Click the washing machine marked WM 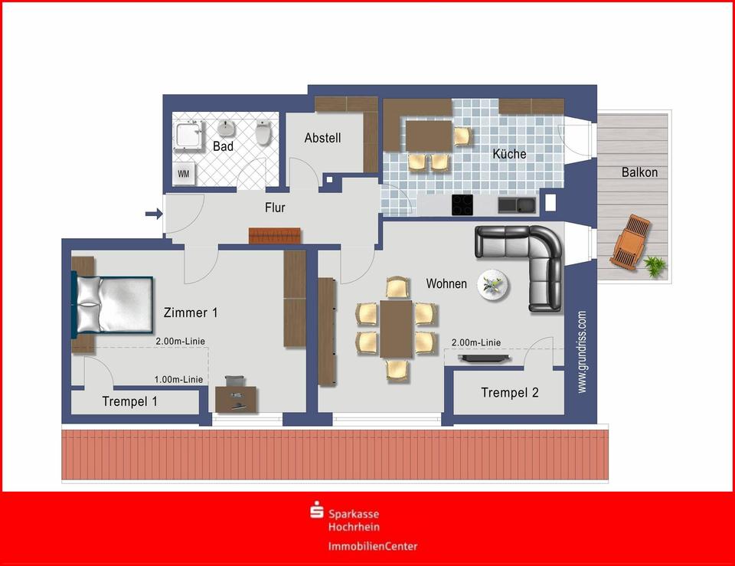tap(184, 174)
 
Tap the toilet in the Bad tap(263, 134)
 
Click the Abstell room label tap(322, 139)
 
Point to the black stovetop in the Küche tap(462, 204)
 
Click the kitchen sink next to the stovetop tap(516, 204)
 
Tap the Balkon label tap(639, 172)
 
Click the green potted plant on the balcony tap(655, 266)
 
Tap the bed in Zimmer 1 tap(113, 304)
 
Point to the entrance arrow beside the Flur tap(154, 214)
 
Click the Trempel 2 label tap(509, 393)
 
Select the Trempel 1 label tap(129, 401)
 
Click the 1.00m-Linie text tap(178, 379)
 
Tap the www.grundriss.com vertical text tap(582, 352)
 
